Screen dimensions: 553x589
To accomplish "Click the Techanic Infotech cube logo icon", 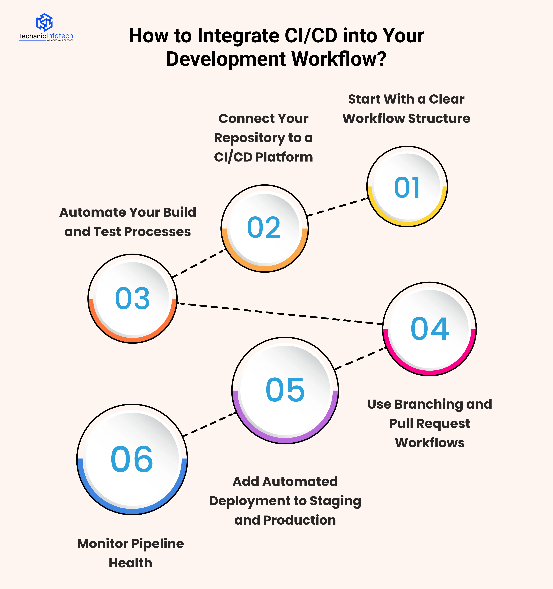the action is point(44,22).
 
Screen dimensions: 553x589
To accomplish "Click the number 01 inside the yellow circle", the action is point(407,188).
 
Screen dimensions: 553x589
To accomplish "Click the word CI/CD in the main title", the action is point(311,36).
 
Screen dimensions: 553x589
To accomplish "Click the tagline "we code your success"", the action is point(60,40).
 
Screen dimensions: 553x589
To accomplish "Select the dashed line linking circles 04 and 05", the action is point(361,358).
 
